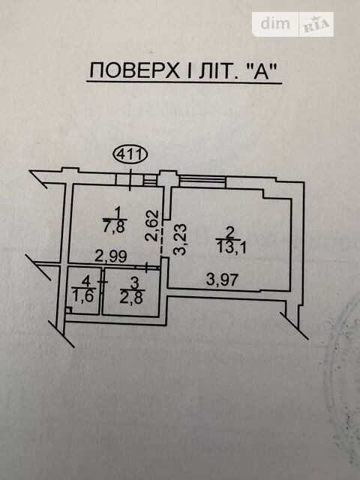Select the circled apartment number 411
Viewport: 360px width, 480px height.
130,155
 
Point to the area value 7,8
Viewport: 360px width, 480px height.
115,227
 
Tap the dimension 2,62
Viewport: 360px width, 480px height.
153,226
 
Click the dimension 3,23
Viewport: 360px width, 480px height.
180,240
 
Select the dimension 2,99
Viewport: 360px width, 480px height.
110,256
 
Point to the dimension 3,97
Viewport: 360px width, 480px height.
222,280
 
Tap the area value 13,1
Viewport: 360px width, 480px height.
232,247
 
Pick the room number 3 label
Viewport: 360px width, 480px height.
133,284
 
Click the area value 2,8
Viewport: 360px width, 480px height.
131,298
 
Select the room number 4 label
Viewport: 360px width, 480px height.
86,281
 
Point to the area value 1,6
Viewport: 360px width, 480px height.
82,296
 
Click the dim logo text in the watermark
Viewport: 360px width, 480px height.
275,23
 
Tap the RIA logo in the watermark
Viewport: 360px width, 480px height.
316,25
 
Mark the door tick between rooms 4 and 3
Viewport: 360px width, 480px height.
102,282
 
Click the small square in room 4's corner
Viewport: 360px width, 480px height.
68,310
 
